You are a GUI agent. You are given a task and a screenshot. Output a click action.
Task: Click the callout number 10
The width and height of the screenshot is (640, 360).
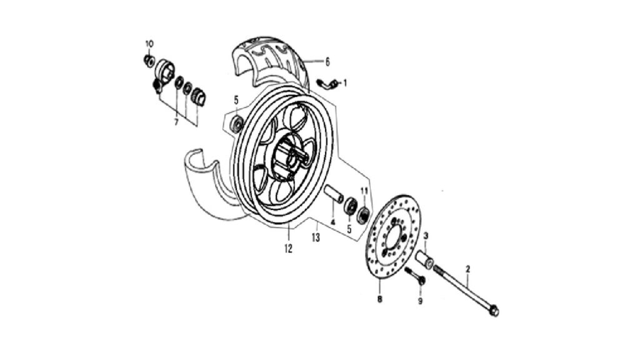point(149,44)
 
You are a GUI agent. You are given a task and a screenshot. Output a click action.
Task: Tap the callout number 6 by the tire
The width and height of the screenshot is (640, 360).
point(327,62)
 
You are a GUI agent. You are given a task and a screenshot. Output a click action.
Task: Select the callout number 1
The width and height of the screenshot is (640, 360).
point(345,84)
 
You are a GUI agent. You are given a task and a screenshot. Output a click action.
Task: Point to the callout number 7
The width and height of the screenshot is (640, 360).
point(176,122)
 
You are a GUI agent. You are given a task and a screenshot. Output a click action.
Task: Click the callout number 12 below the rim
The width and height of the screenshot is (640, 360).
point(289,249)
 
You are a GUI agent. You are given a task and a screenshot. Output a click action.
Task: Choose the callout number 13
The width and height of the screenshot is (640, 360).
point(316,237)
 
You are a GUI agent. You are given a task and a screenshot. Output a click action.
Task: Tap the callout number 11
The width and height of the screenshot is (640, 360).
point(364,191)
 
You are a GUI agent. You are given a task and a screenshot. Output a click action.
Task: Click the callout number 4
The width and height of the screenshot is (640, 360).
point(332,222)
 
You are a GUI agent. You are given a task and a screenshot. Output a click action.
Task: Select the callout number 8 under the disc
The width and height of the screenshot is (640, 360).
point(379,299)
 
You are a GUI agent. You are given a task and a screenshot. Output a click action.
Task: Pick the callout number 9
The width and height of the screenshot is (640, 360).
point(420,301)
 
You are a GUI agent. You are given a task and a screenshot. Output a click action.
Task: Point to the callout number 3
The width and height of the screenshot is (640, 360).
point(426,236)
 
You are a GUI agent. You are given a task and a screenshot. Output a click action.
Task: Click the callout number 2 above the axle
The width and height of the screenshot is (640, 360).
point(468,269)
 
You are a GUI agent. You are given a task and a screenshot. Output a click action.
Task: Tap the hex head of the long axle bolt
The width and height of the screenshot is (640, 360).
point(494,311)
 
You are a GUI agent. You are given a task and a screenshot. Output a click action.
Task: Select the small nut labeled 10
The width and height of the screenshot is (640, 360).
point(149,61)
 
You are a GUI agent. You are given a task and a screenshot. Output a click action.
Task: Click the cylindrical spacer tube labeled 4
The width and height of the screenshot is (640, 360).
point(334,194)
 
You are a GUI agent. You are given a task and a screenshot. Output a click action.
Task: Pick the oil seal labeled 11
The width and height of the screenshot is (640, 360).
point(363,215)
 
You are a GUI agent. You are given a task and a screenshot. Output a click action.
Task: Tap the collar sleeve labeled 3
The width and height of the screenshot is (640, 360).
point(424,260)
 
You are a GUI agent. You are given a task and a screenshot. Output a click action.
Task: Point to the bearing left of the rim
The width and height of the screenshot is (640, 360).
point(237,123)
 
